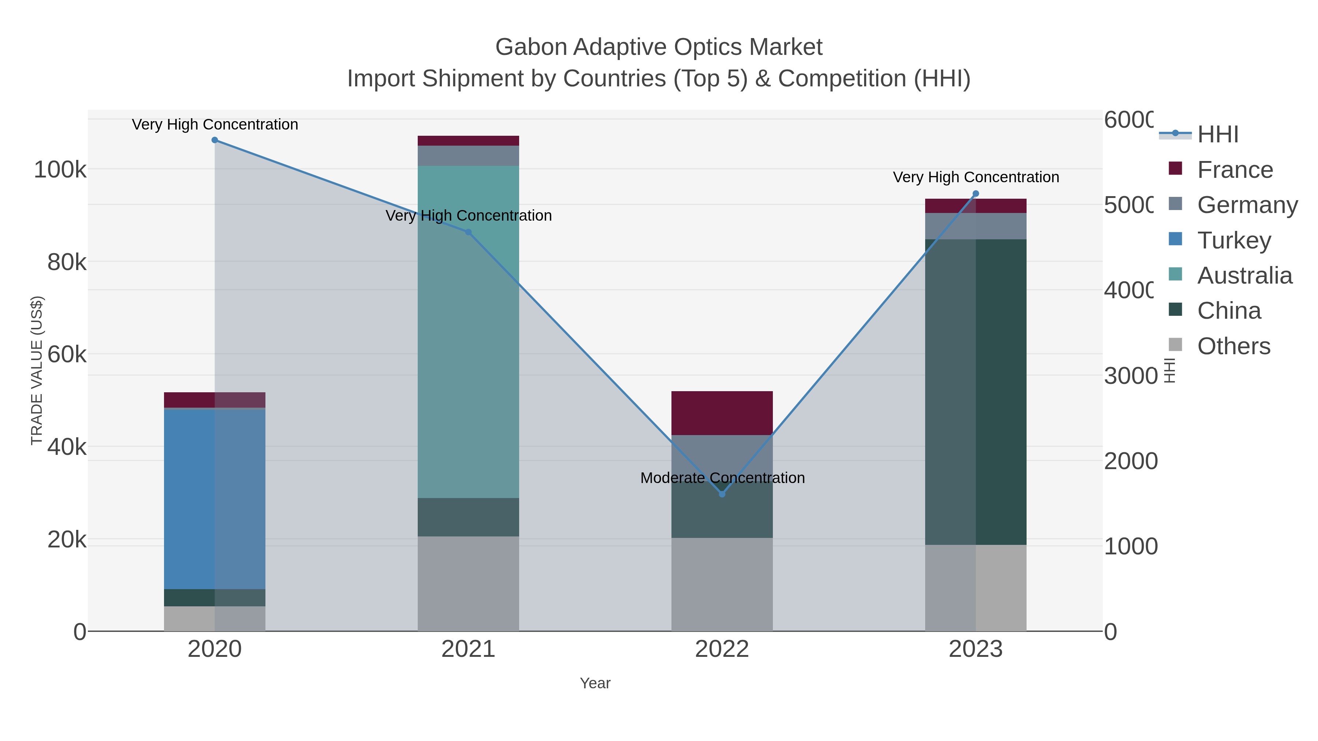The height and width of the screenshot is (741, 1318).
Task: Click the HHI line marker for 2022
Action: click(x=722, y=494)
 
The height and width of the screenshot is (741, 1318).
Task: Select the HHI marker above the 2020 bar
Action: click(x=215, y=140)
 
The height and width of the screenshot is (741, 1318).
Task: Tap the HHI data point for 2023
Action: click(x=976, y=194)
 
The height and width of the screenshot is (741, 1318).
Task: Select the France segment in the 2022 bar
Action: click(x=722, y=413)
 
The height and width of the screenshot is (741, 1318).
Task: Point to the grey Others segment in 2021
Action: click(x=468, y=583)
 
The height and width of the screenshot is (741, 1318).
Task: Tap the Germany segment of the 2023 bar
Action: click(x=976, y=226)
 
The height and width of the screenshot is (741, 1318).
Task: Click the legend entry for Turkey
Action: click(x=1233, y=240)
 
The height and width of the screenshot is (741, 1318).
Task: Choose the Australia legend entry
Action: click(x=1244, y=276)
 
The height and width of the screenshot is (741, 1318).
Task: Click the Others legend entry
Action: click(x=1233, y=346)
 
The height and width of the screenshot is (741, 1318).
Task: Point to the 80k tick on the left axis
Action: click(x=67, y=262)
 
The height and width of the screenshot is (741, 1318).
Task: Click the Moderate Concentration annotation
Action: click(x=722, y=478)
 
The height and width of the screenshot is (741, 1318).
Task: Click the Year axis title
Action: click(x=595, y=683)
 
